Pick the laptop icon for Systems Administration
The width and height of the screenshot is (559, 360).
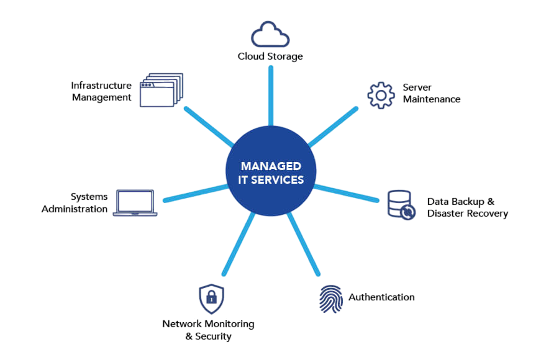tap(135, 203)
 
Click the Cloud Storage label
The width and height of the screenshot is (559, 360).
tap(270, 56)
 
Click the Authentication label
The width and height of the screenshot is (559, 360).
tap(381, 297)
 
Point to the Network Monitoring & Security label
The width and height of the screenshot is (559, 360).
tap(208, 330)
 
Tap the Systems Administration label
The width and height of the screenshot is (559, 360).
tap(82, 203)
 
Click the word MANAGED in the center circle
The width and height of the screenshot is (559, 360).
tap(271, 166)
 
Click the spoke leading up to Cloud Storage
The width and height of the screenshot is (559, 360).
tap(271, 93)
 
